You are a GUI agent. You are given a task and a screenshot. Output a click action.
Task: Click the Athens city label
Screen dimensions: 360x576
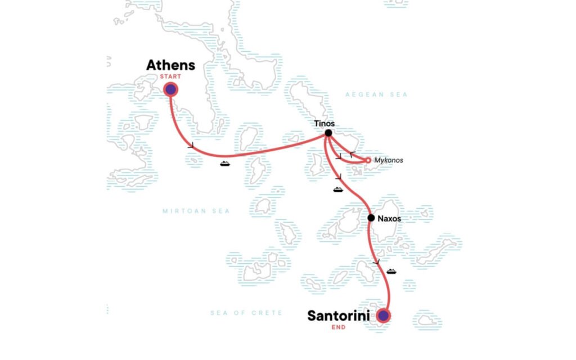170,65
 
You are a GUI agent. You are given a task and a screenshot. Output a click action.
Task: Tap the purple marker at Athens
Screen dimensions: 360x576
170,89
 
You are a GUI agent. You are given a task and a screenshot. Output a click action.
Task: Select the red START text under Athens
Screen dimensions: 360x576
170,77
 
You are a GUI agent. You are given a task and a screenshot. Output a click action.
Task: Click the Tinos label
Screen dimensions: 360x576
325,124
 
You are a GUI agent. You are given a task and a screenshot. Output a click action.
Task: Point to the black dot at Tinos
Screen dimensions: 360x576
328,133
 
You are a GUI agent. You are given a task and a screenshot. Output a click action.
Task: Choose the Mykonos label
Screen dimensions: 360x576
388,160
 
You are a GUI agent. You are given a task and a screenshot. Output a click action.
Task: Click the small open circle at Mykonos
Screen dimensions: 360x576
368,160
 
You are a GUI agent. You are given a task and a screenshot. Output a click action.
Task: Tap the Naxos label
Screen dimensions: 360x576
389,218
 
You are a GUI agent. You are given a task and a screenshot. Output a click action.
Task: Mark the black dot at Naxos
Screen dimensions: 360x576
371,218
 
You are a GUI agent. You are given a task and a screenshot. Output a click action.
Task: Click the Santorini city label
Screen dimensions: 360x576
338,316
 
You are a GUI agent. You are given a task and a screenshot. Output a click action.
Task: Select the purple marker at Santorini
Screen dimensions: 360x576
383,316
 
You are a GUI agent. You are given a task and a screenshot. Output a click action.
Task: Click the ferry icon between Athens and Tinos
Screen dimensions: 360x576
225,164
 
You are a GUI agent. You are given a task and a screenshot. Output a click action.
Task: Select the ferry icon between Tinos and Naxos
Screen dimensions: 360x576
338,189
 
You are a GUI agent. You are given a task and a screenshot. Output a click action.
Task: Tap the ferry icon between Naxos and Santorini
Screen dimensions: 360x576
391,272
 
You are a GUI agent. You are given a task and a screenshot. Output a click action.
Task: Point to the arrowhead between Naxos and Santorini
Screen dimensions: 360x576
376,262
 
